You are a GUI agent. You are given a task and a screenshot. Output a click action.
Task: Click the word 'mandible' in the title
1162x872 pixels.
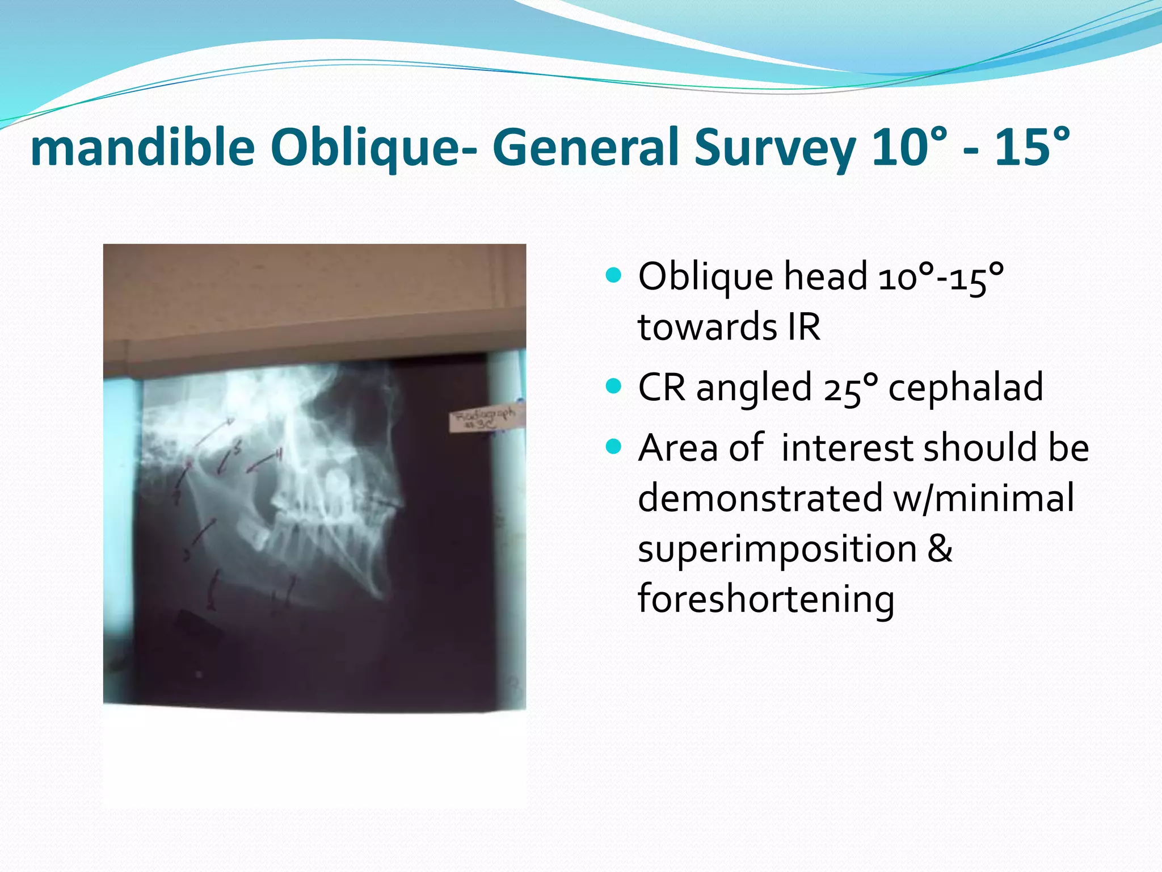click(x=142, y=148)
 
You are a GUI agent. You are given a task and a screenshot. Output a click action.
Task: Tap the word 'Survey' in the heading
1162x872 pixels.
click(x=774, y=148)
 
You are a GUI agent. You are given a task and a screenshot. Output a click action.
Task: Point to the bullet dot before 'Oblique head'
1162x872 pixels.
click(x=613, y=276)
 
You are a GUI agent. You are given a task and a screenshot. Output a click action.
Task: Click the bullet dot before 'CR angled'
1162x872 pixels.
click(x=613, y=387)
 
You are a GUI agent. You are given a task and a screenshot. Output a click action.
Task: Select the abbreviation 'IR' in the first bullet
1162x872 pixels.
click(x=803, y=327)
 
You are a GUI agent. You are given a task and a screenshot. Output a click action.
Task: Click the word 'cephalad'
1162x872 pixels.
click(x=965, y=387)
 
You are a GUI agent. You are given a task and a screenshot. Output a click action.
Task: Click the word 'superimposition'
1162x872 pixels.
click(x=777, y=550)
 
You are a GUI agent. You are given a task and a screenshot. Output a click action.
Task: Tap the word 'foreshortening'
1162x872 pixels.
click(x=766, y=599)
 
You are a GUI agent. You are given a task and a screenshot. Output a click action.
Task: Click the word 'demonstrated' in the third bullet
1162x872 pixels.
click(x=760, y=498)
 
